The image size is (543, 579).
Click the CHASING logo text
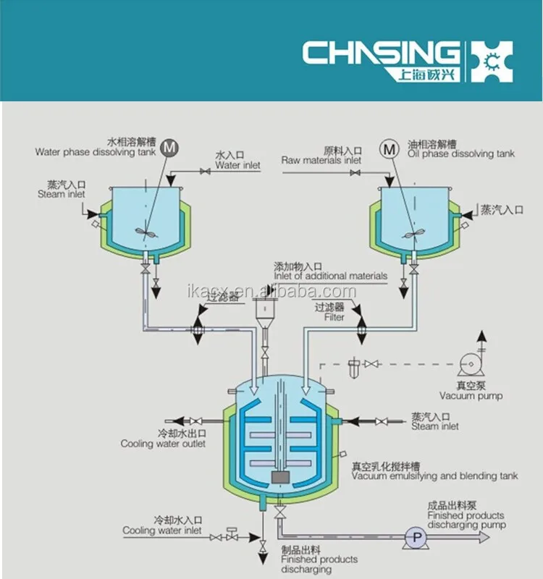tap(380, 54)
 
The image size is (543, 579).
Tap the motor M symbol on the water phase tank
tap(170, 148)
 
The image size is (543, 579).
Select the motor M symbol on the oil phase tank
tap(390, 149)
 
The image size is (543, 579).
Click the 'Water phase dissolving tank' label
tap(95, 152)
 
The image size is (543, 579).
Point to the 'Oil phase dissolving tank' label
tap(460, 153)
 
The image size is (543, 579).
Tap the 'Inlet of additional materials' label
tap(330, 276)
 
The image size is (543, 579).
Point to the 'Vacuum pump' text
tap(471, 396)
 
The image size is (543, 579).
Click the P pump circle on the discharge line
tap(416, 537)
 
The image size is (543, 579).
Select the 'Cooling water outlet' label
tap(163, 444)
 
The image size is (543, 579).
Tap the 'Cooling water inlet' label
tap(162, 531)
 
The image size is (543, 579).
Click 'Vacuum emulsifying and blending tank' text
tap(434, 476)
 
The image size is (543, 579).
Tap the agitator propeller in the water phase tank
tap(146, 233)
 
